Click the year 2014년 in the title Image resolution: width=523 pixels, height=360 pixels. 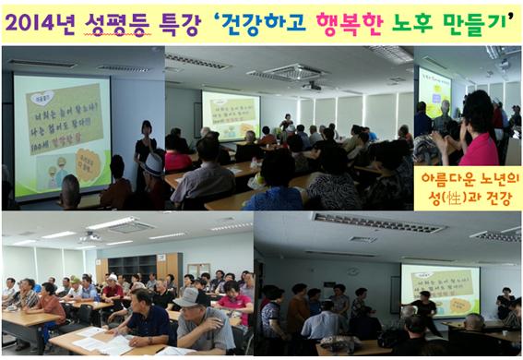pos(46,21)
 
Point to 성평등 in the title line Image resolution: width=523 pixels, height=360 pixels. pos(117,21)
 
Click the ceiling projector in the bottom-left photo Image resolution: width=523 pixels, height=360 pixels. pos(89,239)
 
